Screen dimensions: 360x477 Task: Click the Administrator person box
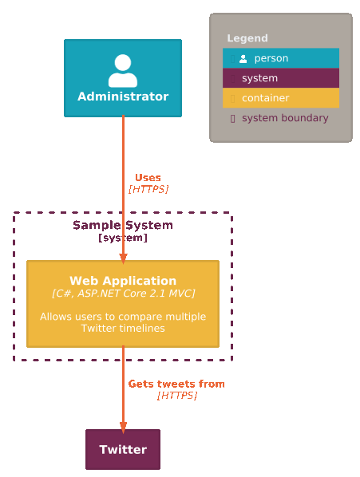click(123, 78)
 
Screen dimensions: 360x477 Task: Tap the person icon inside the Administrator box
click(123, 71)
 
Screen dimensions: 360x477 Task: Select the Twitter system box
click(123, 449)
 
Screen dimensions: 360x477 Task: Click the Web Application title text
click(123, 281)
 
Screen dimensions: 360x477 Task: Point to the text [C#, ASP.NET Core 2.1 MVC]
click(123, 294)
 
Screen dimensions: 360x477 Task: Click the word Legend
click(247, 38)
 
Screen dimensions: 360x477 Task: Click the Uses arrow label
click(148, 178)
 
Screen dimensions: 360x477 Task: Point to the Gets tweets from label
click(176, 384)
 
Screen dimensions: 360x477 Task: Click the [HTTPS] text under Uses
click(148, 189)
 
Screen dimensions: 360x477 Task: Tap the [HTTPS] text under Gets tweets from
click(177, 396)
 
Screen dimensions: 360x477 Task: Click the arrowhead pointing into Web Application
click(123, 258)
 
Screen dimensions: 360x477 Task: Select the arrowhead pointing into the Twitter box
click(123, 428)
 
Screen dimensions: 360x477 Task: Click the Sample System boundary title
click(123, 226)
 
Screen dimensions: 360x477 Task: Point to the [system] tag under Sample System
click(123, 238)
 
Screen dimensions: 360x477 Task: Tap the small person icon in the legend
click(243, 59)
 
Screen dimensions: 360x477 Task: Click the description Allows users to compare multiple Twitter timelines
click(123, 322)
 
